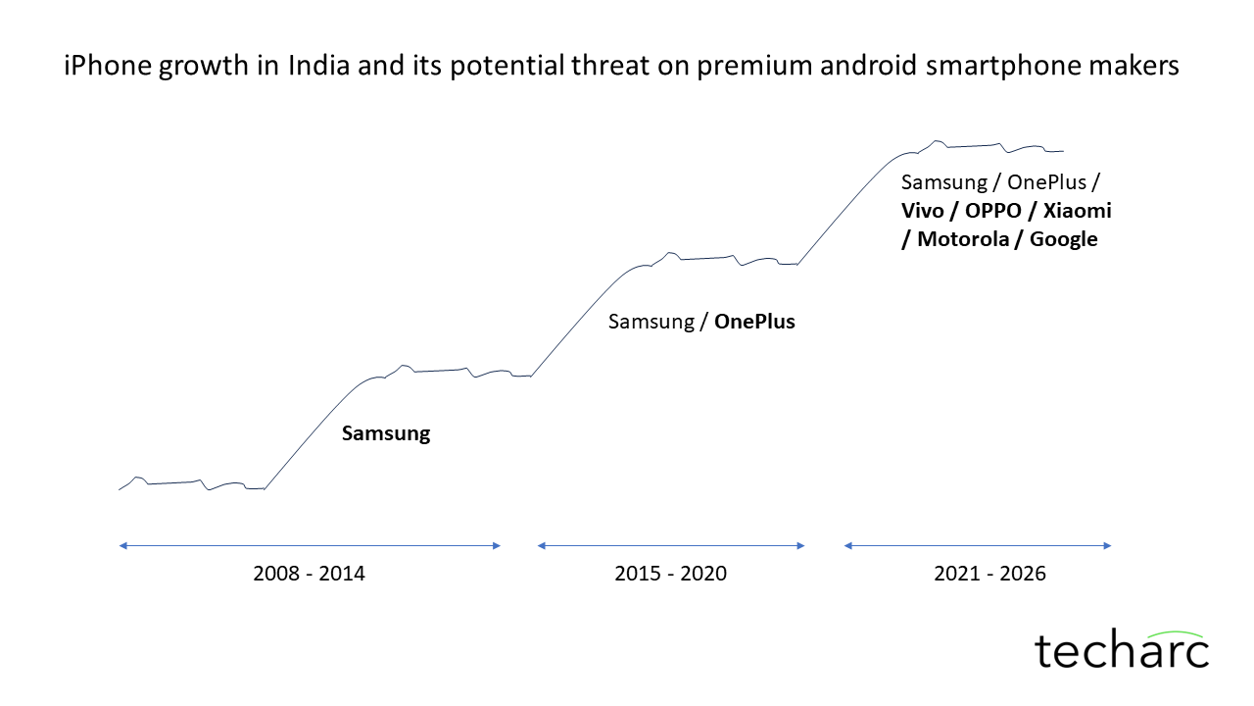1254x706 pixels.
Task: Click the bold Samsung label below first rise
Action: coord(386,433)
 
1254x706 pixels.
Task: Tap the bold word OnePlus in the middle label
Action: coord(754,321)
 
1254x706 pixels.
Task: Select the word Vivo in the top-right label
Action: coord(925,211)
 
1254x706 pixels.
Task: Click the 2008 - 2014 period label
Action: coord(309,574)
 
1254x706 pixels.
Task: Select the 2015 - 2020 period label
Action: coord(671,574)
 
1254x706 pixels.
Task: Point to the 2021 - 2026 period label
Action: coord(989,574)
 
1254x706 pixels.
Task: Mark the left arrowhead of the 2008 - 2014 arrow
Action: coord(122,545)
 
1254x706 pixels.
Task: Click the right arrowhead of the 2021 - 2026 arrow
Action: coord(1108,545)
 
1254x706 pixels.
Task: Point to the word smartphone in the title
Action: coord(1006,67)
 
